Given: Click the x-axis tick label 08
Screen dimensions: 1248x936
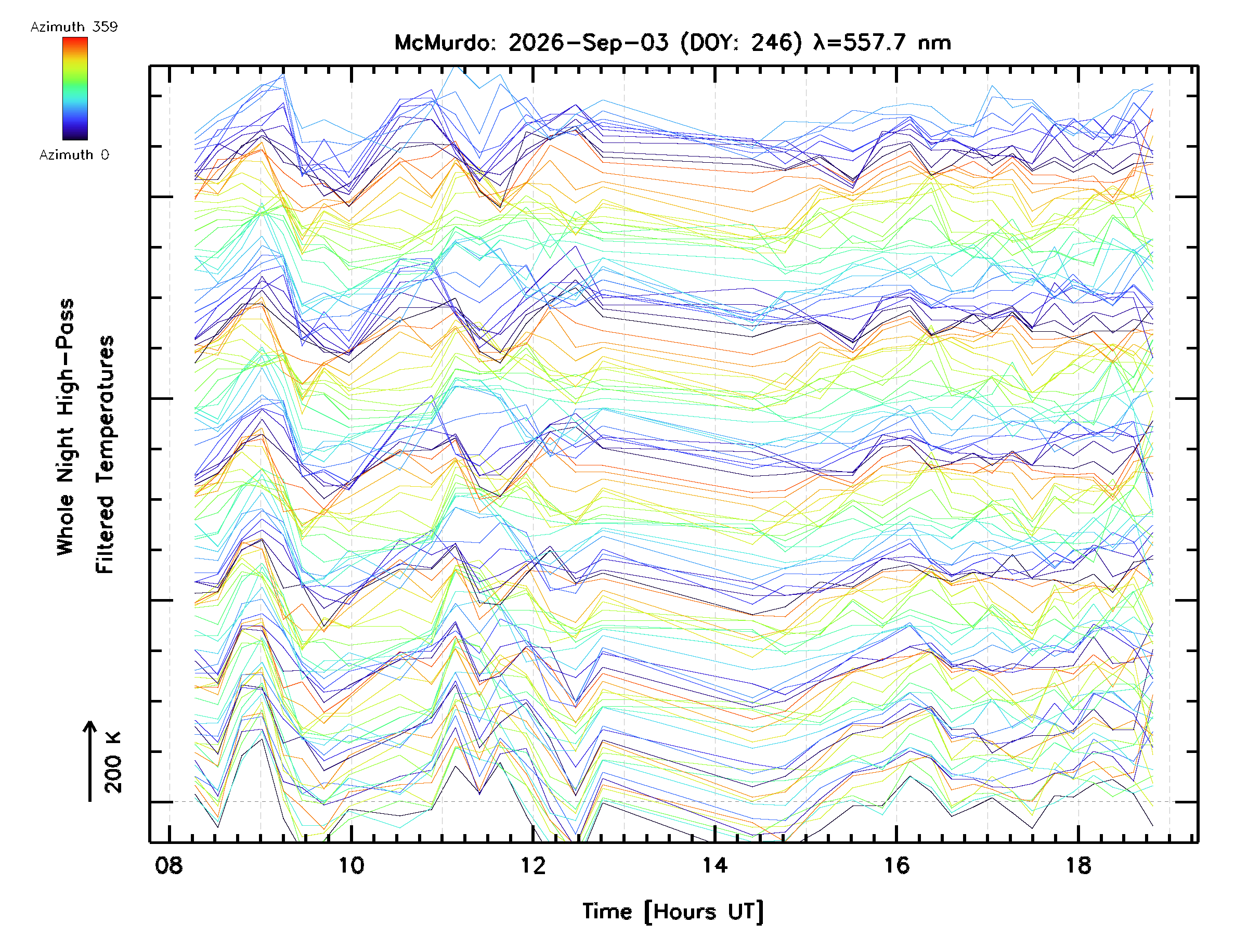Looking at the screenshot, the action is [169, 865].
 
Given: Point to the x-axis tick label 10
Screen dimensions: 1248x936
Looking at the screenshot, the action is [351, 865].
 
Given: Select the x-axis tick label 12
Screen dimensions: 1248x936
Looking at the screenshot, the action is [532, 865].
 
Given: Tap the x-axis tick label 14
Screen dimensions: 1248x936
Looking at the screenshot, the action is [714, 865].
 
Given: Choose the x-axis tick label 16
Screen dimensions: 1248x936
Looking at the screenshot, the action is [896, 865].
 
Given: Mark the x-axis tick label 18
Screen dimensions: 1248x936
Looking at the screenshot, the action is [1078, 865].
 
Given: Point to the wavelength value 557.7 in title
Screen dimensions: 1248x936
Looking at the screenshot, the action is [875, 43].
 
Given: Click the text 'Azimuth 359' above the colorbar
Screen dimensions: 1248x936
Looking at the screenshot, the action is [74, 27].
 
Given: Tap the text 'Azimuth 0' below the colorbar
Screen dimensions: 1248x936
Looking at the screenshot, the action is [74, 154].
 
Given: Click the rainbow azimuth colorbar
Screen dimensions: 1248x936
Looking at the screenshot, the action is [75, 88].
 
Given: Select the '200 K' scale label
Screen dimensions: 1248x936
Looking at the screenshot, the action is [113, 762].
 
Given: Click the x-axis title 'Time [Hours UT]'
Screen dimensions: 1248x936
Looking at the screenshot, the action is [673, 911].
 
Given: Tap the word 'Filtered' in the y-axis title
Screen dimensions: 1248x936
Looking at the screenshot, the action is [105, 534].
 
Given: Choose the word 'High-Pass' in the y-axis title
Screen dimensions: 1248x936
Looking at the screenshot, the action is [65, 349].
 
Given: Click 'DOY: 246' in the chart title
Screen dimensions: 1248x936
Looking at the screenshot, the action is [742, 43].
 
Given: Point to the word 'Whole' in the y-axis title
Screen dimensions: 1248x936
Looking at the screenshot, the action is [65, 524].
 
